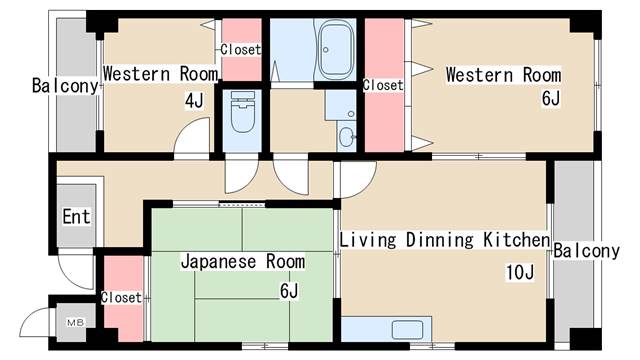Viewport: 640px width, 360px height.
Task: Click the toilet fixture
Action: click(242, 111)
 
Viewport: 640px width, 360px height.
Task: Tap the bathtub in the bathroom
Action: click(335, 49)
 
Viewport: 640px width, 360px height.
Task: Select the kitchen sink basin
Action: click(407, 329)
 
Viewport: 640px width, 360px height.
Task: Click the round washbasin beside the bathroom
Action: click(347, 137)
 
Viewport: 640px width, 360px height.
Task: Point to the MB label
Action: click(76, 322)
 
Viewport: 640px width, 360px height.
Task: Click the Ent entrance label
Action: click(76, 217)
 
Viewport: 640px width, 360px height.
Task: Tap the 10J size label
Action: click(520, 272)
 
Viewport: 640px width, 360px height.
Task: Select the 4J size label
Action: click(194, 100)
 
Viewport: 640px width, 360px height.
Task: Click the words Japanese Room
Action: click(243, 262)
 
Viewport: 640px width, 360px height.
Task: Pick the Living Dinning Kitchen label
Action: click(444, 240)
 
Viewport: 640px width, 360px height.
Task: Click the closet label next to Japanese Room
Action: click(121, 297)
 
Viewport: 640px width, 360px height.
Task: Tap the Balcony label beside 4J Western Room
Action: click(65, 86)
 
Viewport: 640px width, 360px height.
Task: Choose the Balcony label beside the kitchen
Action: click(587, 251)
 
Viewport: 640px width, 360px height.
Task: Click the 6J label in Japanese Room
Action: click(289, 291)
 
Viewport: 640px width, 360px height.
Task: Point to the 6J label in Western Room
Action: click(551, 98)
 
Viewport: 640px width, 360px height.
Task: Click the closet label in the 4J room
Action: click(241, 50)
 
